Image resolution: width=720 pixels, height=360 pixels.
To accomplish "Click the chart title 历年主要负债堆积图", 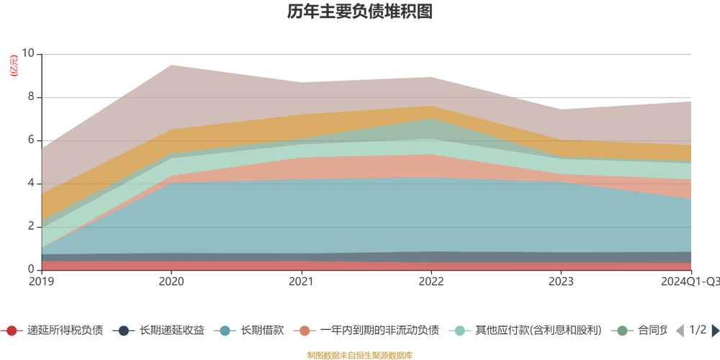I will click(x=359, y=12).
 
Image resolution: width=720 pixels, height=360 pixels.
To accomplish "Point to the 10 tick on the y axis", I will click(x=28, y=54).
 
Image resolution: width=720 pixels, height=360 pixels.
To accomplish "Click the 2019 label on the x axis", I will click(x=42, y=281).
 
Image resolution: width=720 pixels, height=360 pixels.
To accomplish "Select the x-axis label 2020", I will click(x=171, y=281).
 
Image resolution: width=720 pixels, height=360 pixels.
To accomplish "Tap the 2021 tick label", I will click(x=301, y=281).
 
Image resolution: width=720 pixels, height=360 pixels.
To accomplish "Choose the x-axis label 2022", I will click(x=431, y=281).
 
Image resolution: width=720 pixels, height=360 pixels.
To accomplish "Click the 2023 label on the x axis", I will click(x=561, y=281).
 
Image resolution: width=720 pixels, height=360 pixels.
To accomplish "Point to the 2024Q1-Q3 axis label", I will click(x=690, y=281).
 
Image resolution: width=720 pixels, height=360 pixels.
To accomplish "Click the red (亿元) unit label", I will click(x=13, y=66).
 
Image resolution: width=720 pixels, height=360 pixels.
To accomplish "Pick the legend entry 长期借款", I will click(x=252, y=330).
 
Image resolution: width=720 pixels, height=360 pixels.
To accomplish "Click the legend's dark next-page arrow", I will click(x=715, y=330).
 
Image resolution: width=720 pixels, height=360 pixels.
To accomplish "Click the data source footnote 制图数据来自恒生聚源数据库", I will click(x=359, y=355).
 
